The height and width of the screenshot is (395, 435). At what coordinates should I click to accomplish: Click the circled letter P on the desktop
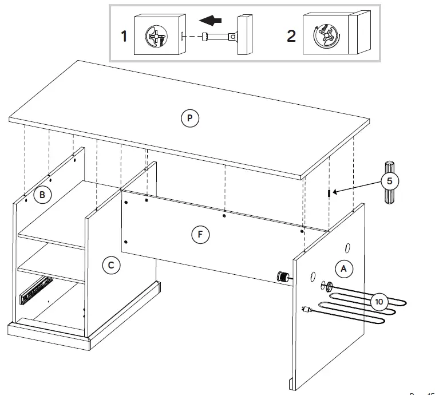click(189, 118)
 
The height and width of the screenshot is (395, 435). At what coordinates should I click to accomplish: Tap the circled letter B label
click(41, 195)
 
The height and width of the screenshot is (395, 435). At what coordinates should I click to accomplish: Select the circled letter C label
click(111, 264)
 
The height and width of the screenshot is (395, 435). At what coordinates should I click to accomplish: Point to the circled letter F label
click(200, 234)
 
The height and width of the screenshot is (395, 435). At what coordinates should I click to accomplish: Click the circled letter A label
click(343, 267)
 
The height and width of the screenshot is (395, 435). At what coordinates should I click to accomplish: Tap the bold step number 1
click(123, 37)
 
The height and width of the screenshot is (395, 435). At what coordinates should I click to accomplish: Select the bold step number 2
click(291, 35)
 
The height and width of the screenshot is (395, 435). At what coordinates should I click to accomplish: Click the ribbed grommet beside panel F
click(282, 276)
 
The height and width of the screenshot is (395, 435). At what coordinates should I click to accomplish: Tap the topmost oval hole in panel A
click(347, 247)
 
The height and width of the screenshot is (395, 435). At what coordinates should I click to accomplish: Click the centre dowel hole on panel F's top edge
click(224, 216)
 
